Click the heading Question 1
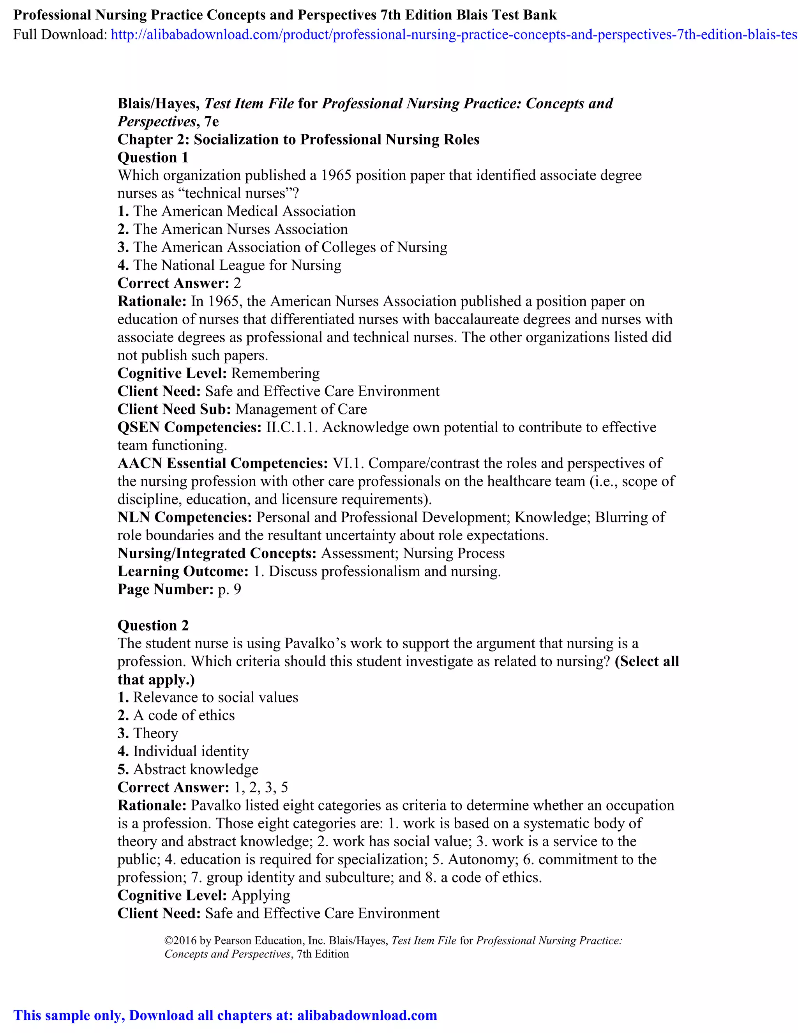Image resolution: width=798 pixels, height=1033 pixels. click(x=153, y=157)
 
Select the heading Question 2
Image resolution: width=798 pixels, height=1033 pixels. click(x=153, y=625)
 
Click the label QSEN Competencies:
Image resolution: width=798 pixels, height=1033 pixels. click(x=189, y=427)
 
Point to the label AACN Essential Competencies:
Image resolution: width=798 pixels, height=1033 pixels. click(x=222, y=463)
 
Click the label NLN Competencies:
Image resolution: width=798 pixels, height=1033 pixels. click(x=185, y=517)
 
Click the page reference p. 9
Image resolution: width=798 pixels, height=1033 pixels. click(x=229, y=589)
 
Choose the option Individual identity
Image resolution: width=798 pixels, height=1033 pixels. click(x=191, y=751)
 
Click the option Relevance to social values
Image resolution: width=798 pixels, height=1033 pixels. click(x=215, y=697)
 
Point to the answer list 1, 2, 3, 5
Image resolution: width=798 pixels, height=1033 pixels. click(x=261, y=787)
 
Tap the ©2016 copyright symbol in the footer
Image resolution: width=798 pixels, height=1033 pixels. click(x=168, y=941)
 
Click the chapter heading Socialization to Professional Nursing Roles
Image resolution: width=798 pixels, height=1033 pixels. click(x=336, y=140)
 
